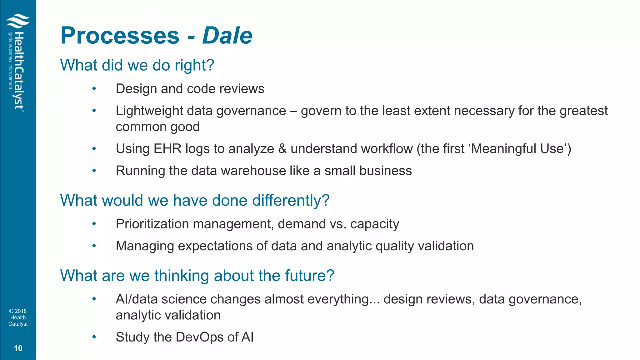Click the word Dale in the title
point(227,36)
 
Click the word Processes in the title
point(120,36)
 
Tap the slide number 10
point(18,348)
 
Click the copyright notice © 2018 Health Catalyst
point(18,317)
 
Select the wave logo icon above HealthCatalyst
point(18,21)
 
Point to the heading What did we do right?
point(137,65)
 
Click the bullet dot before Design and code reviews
point(94,89)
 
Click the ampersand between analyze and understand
point(282,149)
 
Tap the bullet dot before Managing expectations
point(94,246)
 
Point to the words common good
point(157,127)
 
